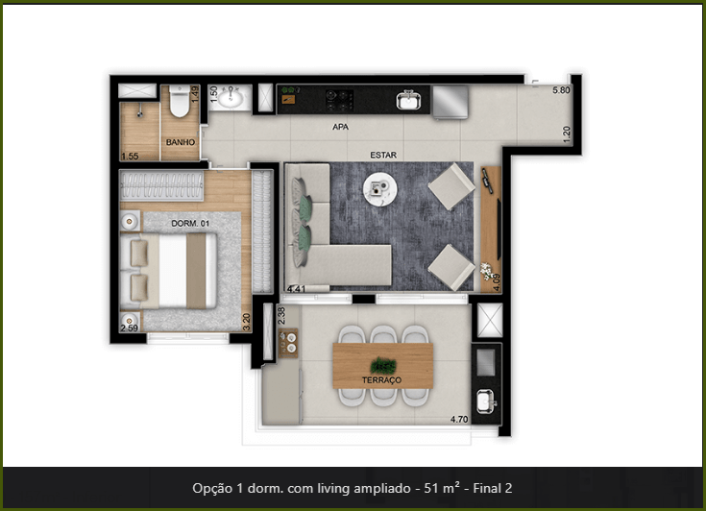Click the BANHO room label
click(181, 142)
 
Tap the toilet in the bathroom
click(180, 101)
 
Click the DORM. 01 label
click(190, 223)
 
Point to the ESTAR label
click(383, 155)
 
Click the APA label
click(340, 127)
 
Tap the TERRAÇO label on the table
click(381, 380)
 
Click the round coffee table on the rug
click(380, 189)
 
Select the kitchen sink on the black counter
click(408, 101)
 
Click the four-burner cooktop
click(339, 101)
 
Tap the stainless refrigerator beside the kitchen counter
click(450, 102)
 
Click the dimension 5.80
click(561, 90)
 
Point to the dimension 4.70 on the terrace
click(459, 419)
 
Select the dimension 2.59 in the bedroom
click(130, 328)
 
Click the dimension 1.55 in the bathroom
click(130, 157)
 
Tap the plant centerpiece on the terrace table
click(383, 365)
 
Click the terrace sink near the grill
click(486, 401)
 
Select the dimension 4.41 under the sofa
click(296, 289)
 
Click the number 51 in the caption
click(430, 488)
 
